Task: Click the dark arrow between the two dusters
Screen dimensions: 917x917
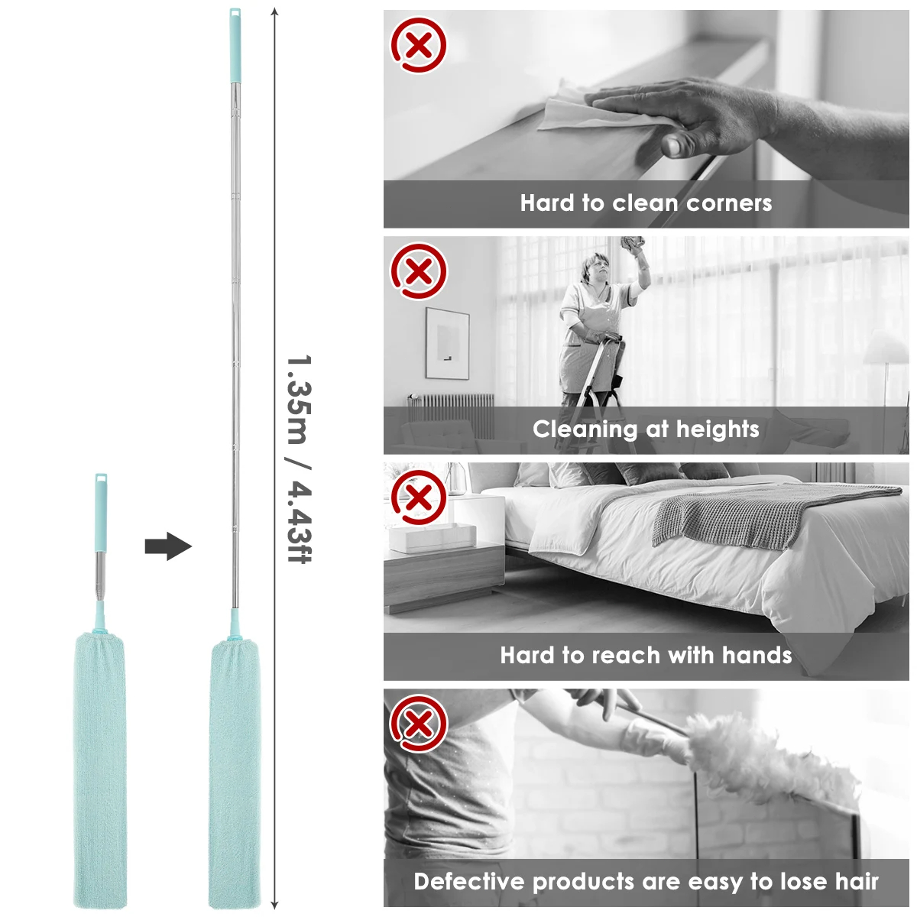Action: coord(168,547)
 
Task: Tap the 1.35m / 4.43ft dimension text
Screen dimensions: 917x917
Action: coord(299,458)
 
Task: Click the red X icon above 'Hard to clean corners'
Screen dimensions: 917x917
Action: coord(419,45)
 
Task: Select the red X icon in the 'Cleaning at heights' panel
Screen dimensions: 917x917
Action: coord(419,271)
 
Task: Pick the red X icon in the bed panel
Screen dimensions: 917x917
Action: coord(419,497)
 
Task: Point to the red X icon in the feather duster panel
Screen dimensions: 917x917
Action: coord(419,724)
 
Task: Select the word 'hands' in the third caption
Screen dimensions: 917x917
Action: coord(757,655)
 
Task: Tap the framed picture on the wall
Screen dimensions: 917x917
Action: coord(447,343)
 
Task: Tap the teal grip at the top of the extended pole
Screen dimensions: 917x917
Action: coord(234,46)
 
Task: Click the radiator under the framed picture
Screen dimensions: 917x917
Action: coord(451,415)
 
